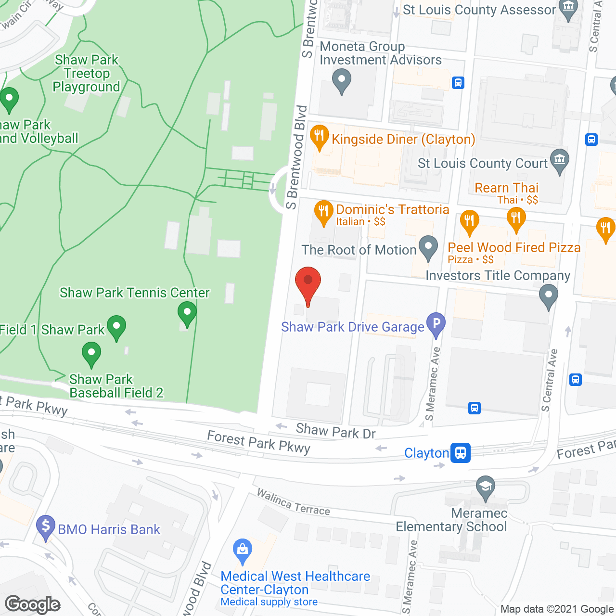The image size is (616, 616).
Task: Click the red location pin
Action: [308, 284]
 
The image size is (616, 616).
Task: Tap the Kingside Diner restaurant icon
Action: [319, 137]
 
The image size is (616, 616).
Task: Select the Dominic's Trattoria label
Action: [392, 210]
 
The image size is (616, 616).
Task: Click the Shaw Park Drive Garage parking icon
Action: [436, 324]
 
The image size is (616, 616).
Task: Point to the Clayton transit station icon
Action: [461, 453]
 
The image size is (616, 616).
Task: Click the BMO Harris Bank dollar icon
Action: [46, 526]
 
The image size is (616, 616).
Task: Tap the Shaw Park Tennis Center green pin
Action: [187, 313]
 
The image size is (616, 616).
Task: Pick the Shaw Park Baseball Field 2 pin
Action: [91, 354]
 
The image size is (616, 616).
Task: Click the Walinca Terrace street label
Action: [293, 502]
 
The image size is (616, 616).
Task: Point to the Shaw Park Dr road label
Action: [335, 431]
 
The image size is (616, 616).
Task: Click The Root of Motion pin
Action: [428, 247]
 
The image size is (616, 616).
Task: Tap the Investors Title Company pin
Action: [548, 295]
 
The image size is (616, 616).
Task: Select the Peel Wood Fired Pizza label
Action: [514, 248]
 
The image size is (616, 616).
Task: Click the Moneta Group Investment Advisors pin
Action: [342, 80]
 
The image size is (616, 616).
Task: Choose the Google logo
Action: [33, 604]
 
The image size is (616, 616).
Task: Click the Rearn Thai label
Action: [506, 188]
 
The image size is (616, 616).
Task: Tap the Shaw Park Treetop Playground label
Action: [87, 74]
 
